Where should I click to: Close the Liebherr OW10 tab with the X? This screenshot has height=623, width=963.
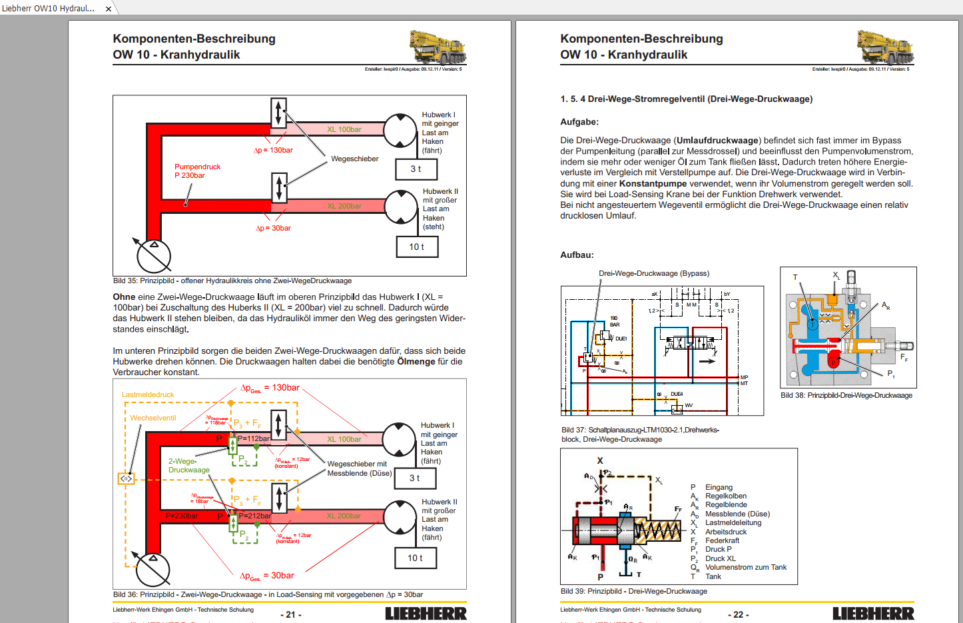click(109, 9)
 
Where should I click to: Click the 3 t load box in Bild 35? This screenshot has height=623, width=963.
click(416, 169)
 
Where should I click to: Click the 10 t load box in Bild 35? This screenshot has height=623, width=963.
click(417, 247)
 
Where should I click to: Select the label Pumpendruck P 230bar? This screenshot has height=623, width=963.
click(197, 171)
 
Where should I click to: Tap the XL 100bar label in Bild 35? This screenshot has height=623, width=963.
click(344, 129)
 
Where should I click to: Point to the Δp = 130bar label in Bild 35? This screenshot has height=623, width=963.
click(273, 151)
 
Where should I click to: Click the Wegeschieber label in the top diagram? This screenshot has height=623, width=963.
click(354, 159)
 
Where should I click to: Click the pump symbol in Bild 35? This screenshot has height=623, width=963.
click(154, 256)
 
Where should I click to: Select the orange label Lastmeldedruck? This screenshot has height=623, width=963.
click(148, 394)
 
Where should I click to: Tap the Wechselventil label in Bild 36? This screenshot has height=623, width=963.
click(153, 418)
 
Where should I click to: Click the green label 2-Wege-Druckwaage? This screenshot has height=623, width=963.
click(188, 465)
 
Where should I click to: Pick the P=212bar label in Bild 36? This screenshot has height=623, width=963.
click(254, 516)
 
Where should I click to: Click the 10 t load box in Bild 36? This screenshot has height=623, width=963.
click(416, 558)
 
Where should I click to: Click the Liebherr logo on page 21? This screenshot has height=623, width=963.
click(426, 614)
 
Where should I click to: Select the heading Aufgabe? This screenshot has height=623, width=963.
click(579, 122)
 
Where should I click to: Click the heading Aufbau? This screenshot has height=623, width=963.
click(577, 255)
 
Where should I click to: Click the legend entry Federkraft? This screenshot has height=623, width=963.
click(722, 540)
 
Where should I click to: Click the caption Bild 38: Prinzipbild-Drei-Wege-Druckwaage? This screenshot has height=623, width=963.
click(846, 395)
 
